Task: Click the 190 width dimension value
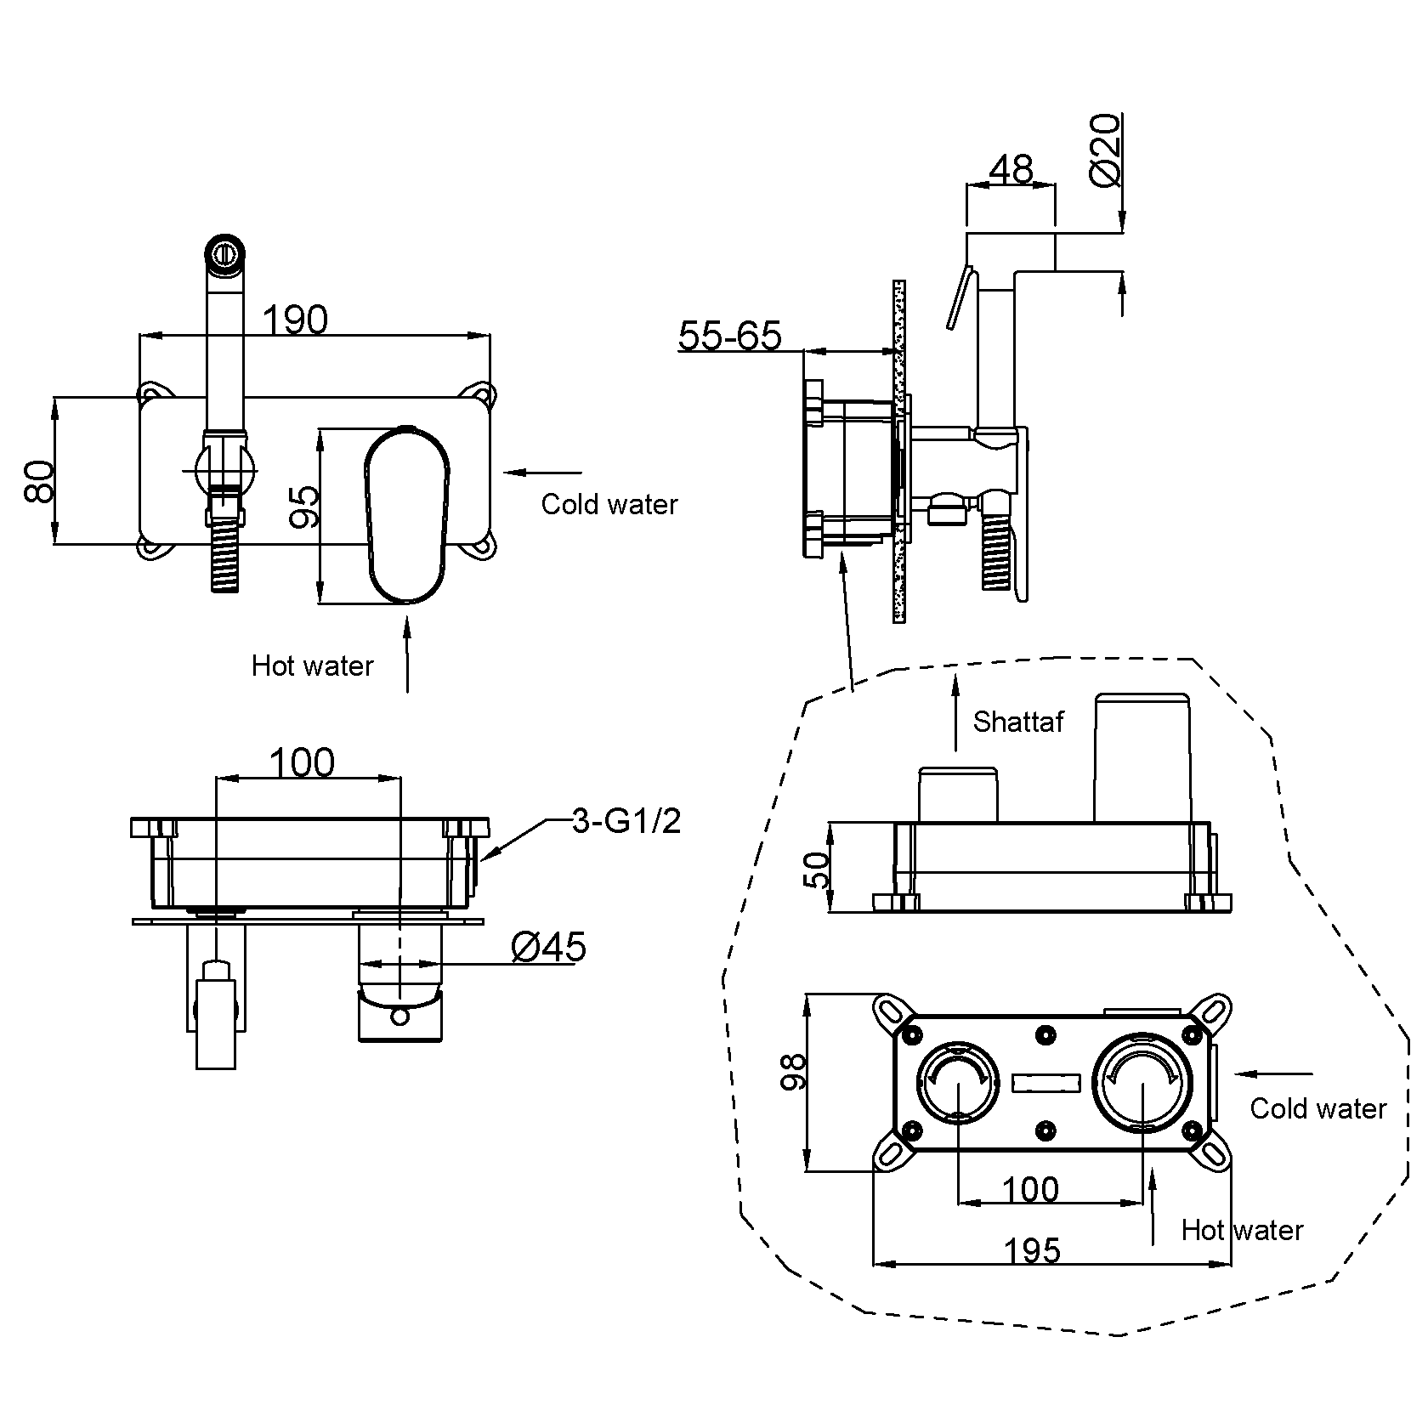[294, 320]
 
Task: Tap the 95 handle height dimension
[303, 507]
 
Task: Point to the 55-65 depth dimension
[729, 336]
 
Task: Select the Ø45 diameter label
[548, 946]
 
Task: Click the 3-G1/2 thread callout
[626, 821]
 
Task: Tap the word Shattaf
[1017, 722]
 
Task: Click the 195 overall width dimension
[1033, 1250]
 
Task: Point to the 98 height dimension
[793, 1073]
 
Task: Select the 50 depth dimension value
[815, 870]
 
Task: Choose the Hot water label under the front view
[312, 665]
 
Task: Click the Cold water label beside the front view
[609, 504]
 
